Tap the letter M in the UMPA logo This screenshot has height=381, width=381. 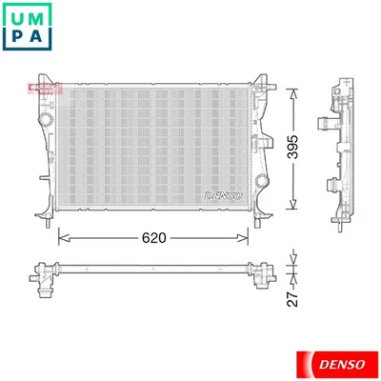point(44,18)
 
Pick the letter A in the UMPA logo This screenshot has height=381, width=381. point(44,41)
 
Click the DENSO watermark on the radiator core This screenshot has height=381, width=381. point(225,194)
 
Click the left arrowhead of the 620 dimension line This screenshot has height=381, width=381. point(63,235)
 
